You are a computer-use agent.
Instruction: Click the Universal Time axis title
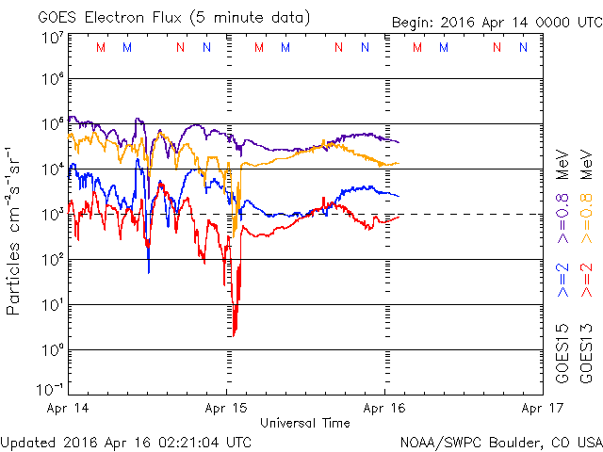pyautogui.click(x=305, y=423)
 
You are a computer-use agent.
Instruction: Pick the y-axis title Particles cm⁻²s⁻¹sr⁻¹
pyautogui.click(x=14, y=230)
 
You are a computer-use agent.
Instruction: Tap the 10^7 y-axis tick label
pyautogui.click(x=52, y=38)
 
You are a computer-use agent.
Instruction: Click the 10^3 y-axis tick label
pyautogui.click(x=52, y=214)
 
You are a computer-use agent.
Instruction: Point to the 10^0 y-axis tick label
pyautogui.click(x=52, y=349)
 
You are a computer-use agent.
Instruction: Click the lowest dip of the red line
pyautogui.click(x=234, y=334)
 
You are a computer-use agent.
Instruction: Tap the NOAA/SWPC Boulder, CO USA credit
pyautogui.click(x=499, y=442)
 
